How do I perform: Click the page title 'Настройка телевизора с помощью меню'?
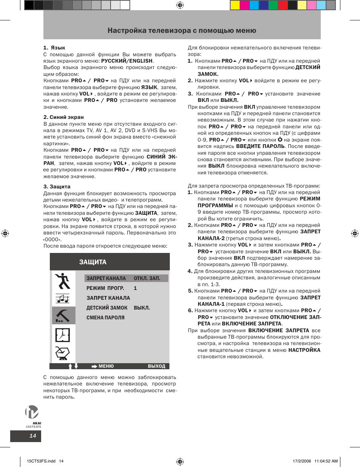pos(182,31)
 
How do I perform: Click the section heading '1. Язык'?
pos(54,48)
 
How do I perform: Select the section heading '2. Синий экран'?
pos(63,117)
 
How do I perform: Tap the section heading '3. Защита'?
pos(57,187)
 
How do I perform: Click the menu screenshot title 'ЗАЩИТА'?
pos(93,262)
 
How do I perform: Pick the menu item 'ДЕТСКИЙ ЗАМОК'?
pos(107,308)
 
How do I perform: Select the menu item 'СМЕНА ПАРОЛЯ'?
pos(105,318)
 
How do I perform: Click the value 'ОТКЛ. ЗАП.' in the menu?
pos(147,279)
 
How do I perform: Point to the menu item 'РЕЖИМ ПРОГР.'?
pos(105,288)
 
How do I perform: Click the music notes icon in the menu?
pos(63,299)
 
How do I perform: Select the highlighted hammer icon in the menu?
pos(63,316)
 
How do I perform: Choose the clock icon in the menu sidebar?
pos(63,335)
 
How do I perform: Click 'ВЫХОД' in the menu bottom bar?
pos(157,366)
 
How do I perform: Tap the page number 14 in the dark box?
pos(33,436)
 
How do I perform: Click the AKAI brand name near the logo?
pos(37,423)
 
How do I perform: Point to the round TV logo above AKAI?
pos(32,412)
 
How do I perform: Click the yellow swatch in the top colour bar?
pos(235,5)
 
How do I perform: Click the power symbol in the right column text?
pos(280,140)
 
